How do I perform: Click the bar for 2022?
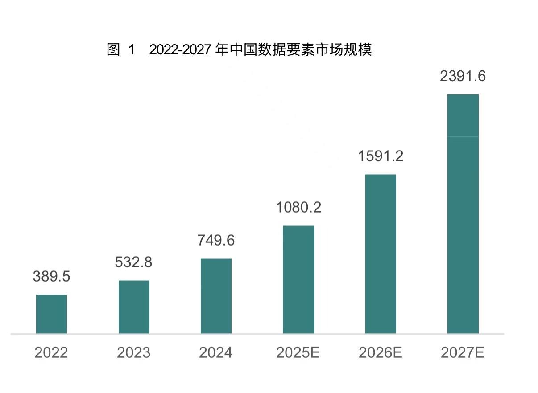pyautogui.click(x=51, y=314)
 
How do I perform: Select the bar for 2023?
pyautogui.click(x=134, y=307)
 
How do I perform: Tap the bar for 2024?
pyautogui.click(x=216, y=296)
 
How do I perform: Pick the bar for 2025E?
pyautogui.click(x=298, y=279)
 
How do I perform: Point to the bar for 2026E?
pyautogui.click(x=381, y=254)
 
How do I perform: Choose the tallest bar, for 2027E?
pyautogui.click(x=463, y=214)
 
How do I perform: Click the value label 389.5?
pyautogui.click(x=51, y=276)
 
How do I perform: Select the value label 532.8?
pyautogui.click(x=133, y=262)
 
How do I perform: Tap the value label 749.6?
pyautogui.click(x=216, y=240)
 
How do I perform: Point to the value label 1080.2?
pyautogui.click(x=298, y=207)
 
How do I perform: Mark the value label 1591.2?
pyautogui.click(x=381, y=156)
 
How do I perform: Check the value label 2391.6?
pyautogui.click(x=463, y=76)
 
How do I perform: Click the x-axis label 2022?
pyautogui.click(x=51, y=353)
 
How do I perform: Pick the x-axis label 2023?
pyautogui.click(x=133, y=353)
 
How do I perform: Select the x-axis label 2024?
pyautogui.click(x=216, y=353)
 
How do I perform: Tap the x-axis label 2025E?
pyautogui.click(x=298, y=353)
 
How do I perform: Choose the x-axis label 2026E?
pyautogui.click(x=381, y=353)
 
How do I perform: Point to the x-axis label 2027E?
pyautogui.click(x=463, y=353)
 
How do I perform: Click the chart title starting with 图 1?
pyautogui.click(x=239, y=49)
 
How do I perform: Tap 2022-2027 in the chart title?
pyautogui.click(x=180, y=50)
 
